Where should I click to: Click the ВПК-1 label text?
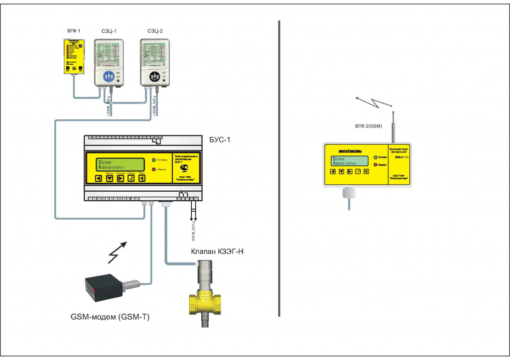tap(74, 31)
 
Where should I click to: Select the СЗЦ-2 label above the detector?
tap(155, 31)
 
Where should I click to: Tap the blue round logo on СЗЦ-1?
tap(109, 77)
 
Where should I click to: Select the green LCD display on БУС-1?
tap(119, 164)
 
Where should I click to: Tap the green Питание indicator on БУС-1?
tap(154, 160)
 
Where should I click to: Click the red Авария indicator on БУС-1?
tap(154, 170)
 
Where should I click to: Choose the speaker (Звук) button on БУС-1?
tap(142, 178)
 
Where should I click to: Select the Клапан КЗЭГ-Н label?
tap(217, 251)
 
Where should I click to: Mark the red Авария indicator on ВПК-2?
tap(375, 164)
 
